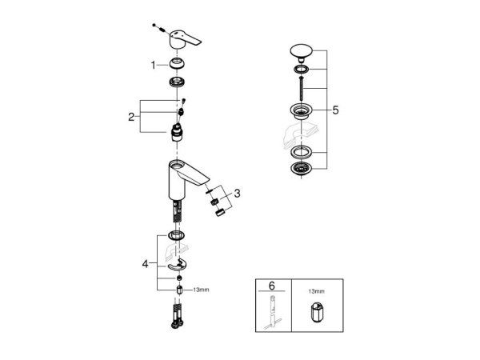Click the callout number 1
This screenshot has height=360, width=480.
(153, 66)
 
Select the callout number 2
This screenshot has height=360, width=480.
(131, 117)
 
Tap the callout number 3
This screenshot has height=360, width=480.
(237, 194)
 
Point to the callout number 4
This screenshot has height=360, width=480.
(145, 263)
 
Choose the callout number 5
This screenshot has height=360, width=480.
(335, 110)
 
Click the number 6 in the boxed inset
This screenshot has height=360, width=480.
(271, 286)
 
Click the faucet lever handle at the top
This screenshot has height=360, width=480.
(185, 39)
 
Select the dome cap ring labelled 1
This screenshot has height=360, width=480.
(178, 63)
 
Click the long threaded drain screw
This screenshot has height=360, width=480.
(302, 88)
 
